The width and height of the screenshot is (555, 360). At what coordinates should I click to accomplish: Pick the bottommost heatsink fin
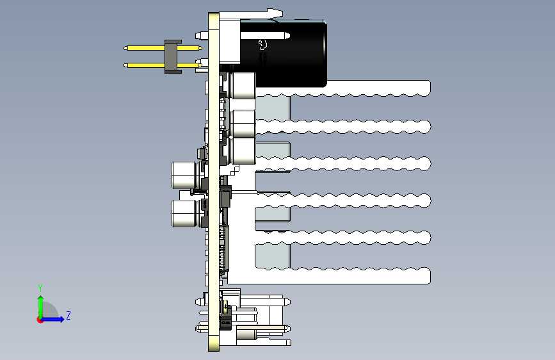[358, 275]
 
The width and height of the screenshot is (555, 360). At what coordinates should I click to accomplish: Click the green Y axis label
[40, 288]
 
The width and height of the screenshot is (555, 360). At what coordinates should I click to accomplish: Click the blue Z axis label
[68, 315]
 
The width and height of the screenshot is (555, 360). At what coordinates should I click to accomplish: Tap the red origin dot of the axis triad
[40, 319]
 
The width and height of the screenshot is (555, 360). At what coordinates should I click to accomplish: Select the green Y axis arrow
[40, 304]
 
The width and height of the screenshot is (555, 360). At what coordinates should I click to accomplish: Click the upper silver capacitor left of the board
[186, 174]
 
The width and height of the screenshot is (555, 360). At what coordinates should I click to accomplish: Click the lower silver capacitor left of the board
[186, 213]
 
